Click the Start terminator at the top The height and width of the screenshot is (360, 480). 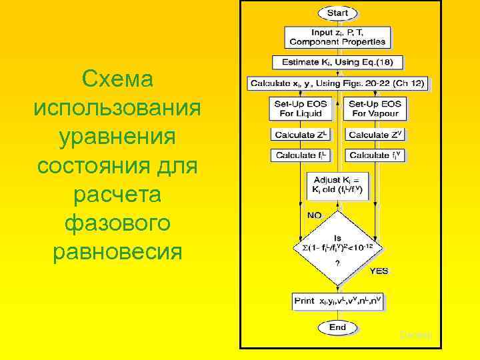[337, 13]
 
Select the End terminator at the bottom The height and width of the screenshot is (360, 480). [337, 327]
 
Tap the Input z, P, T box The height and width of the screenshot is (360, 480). [337, 37]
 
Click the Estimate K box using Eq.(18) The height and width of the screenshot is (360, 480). [337, 62]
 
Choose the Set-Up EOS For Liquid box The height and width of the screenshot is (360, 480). [301, 109]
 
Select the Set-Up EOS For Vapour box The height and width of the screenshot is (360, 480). [375, 109]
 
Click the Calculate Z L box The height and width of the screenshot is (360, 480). [301, 134]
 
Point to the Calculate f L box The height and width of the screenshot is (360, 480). [301, 155]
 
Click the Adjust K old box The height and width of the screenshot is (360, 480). [337, 185]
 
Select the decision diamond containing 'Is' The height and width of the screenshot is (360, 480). [337, 247]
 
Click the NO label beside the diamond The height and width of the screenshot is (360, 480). [313, 215]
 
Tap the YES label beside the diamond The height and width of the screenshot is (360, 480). [379, 271]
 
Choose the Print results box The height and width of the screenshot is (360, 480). [338, 301]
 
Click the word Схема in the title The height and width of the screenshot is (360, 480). [117, 79]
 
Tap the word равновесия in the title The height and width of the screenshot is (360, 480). [117, 253]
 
